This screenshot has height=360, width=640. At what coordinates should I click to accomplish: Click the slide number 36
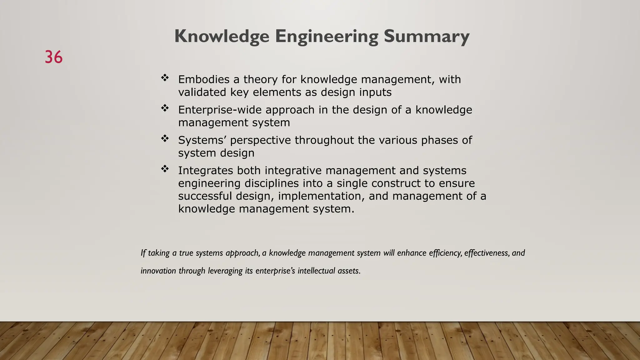53,57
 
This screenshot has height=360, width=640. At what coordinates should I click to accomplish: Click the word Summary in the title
427,36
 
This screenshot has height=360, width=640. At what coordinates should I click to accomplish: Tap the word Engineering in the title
327,37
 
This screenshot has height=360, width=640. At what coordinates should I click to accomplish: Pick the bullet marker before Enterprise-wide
165,108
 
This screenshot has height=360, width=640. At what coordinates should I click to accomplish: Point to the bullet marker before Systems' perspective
165,138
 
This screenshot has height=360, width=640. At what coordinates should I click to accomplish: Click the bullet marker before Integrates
165,169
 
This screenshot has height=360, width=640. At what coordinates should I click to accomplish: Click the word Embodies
204,79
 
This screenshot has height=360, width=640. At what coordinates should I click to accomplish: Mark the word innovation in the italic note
158,271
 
